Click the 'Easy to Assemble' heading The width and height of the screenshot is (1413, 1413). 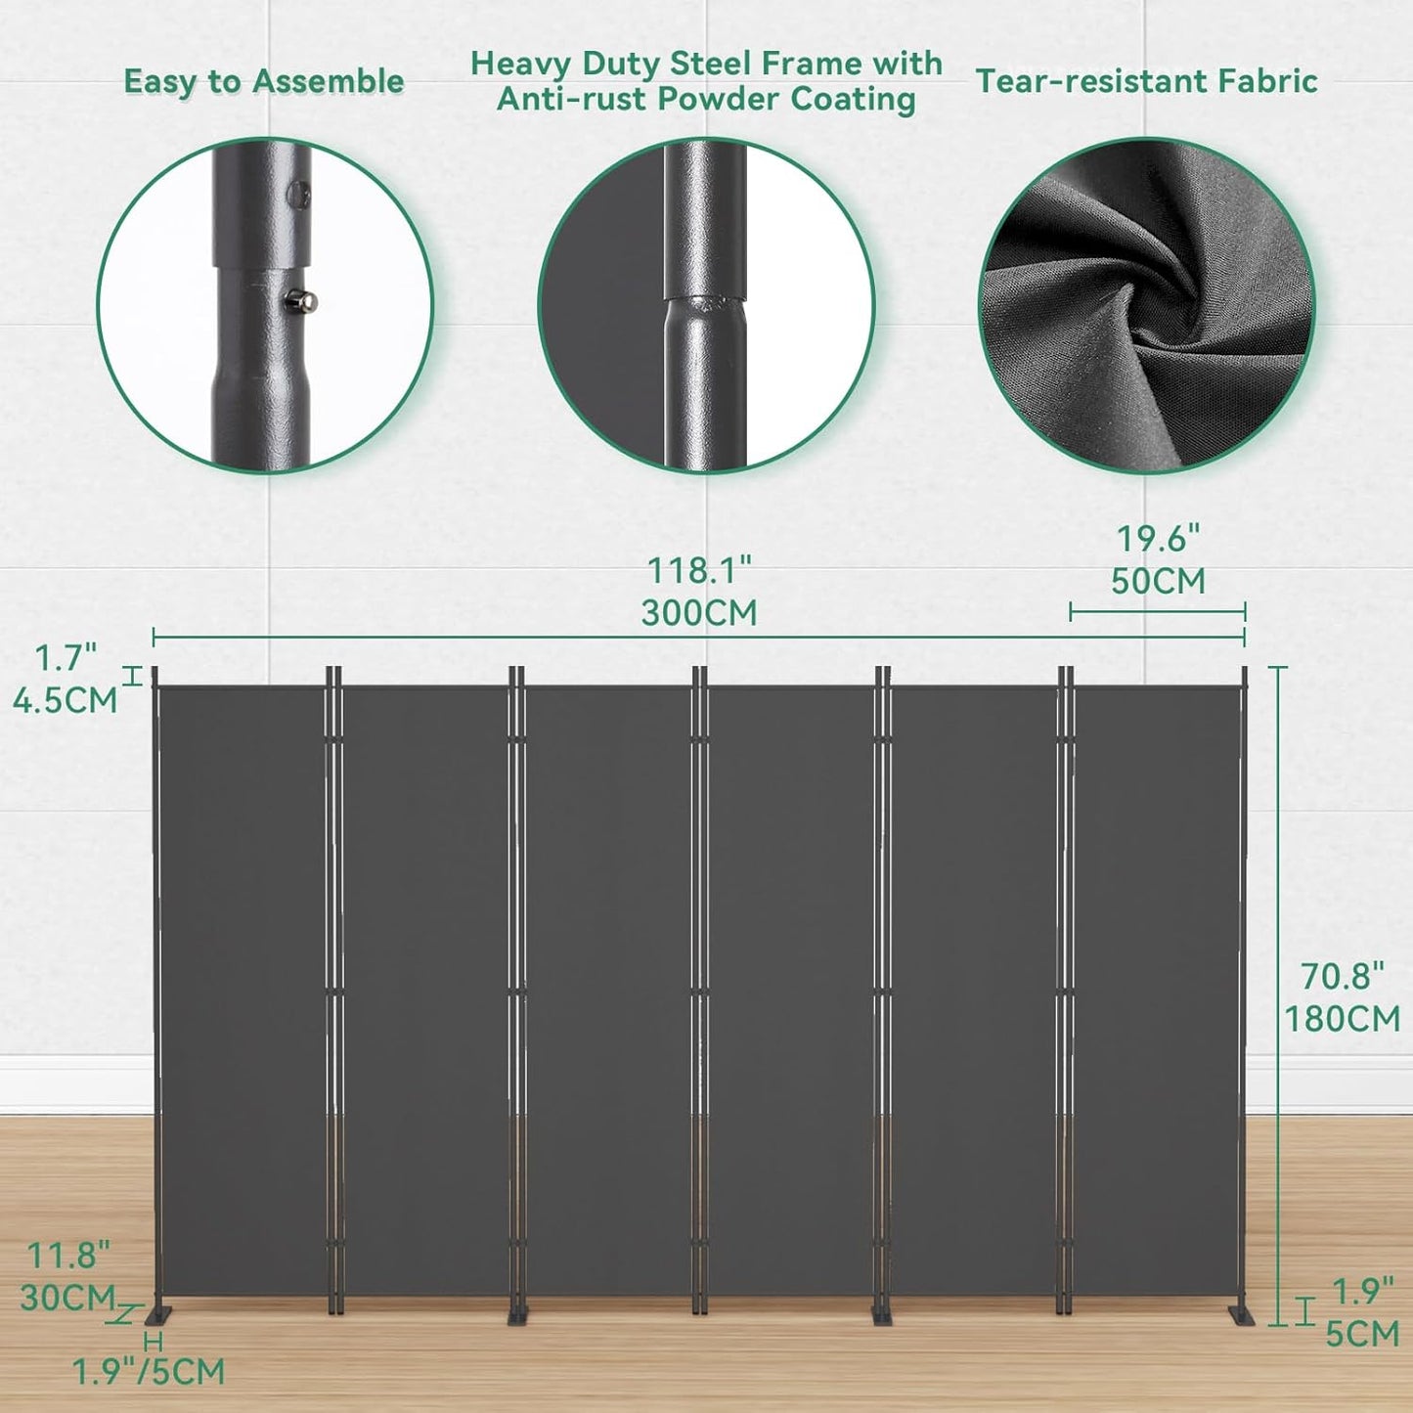(x=264, y=82)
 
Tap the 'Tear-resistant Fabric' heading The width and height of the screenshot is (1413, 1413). (x=1146, y=82)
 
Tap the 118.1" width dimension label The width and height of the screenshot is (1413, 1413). (x=699, y=571)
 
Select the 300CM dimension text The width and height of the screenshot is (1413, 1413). (x=699, y=613)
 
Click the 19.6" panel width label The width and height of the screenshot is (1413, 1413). (x=1158, y=539)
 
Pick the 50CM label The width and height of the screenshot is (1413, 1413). (x=1158, y=581)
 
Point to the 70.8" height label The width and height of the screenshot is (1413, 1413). (x=1342, y=976)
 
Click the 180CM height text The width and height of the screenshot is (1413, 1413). (x=1342, y=1019)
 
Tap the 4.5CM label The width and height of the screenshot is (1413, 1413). (x=65, y=700)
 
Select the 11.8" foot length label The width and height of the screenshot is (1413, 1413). (x=67, y=1255)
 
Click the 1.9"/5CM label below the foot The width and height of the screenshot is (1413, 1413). (x=149, y=1372)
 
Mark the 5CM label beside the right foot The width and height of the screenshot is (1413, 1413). (x=1362, y=1334)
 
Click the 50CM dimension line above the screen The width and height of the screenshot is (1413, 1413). (x=1157, y=613)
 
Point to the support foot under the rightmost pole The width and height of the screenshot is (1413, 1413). (x=1244, y=1315)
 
